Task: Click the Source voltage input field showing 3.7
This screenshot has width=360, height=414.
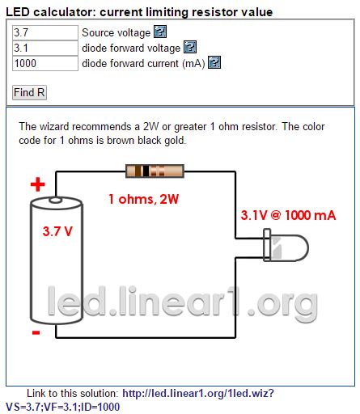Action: (45, 33)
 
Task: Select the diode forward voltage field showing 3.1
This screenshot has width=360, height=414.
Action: (45, 49)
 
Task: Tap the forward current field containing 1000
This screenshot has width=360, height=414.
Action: (45, 64)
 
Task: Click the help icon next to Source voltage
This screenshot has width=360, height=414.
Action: (160, 32)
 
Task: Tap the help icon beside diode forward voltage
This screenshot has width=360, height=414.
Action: (190, 48)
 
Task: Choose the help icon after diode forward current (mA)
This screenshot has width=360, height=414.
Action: (214, 62)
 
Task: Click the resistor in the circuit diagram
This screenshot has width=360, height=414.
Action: (155, 171)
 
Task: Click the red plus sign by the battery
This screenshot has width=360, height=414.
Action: (38, 184)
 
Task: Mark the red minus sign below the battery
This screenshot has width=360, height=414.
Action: (36, 332)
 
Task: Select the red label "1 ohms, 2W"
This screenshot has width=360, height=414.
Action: (143, 200)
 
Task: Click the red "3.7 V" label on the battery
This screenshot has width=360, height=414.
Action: (57, 231)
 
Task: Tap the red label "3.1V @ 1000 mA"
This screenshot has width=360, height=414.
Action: (288, 215)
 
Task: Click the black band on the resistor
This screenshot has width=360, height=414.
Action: (146, 171)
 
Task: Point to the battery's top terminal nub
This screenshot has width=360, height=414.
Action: (55, 201)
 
